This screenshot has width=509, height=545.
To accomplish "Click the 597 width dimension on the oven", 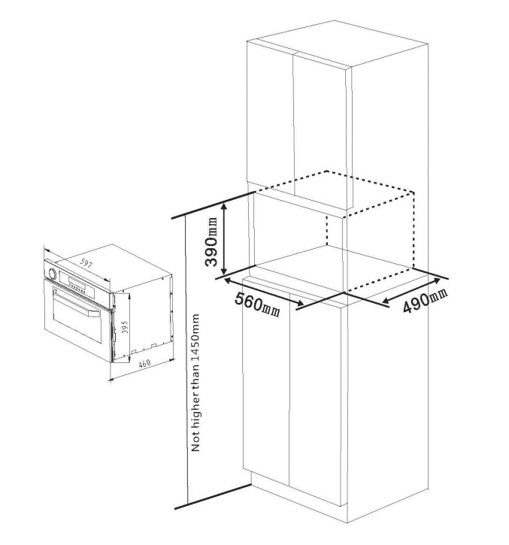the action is (x=86, y=263).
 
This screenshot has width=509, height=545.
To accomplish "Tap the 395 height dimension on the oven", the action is (x=125, y=327).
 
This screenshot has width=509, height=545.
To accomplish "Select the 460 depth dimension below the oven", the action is (x=144, y=364).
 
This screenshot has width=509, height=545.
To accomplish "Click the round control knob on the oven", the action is (x=53, y=273).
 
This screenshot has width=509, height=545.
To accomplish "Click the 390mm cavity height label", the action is (x=211, y=241).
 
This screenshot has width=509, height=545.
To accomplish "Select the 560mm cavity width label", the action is (x=257, y=305).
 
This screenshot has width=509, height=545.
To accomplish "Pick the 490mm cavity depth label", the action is (x=425, y=300).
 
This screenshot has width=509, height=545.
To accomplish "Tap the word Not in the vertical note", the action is (x=195, y=441).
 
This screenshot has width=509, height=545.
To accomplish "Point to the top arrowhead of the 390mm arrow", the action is (x=224, y=206).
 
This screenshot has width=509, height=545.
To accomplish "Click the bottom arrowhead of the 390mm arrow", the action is (x=224, y=271).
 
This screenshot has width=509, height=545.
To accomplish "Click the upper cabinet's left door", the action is (x=270, y=119).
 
